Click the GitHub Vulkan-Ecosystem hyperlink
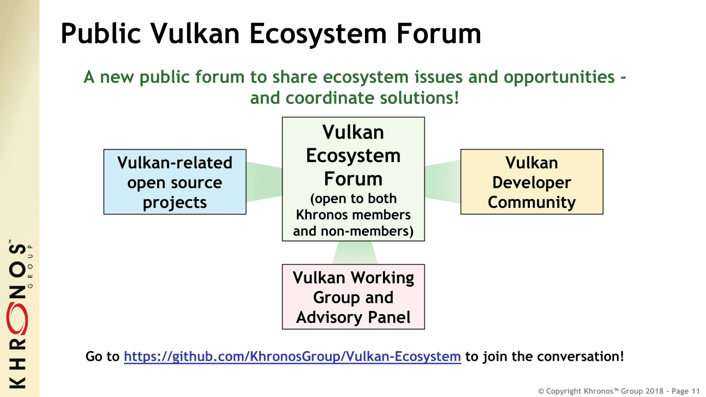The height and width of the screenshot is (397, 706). tap(292, 356)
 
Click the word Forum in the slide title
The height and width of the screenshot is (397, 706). tap(438, 34)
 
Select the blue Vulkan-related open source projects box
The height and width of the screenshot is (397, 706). tap(175, 182)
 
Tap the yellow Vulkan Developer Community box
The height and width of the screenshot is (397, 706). tap(532, 182)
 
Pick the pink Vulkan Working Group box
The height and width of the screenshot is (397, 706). tap(353, 297)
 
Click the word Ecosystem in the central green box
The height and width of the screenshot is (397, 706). tap(353, 156)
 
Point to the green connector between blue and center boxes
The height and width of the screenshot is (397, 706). tap(264, 182)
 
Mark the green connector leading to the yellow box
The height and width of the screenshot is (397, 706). tap(443, 182)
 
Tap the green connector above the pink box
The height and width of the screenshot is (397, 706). tap(355, 253)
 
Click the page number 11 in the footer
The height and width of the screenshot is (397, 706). tap(695, 391)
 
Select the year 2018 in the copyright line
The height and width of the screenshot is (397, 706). tap(654, 391)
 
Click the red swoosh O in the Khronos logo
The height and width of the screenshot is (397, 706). tap(17, 318)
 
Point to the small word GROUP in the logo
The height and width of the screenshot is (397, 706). tap(30, 266)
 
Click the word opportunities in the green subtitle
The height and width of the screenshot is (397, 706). tap(559, 77)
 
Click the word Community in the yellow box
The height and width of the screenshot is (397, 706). tap(532, 202)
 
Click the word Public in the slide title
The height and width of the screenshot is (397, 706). tap(101, 34)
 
